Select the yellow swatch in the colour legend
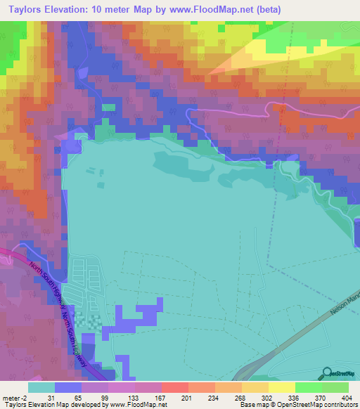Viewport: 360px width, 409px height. pos(282,387)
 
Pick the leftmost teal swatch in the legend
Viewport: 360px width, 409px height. pos(41,387)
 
